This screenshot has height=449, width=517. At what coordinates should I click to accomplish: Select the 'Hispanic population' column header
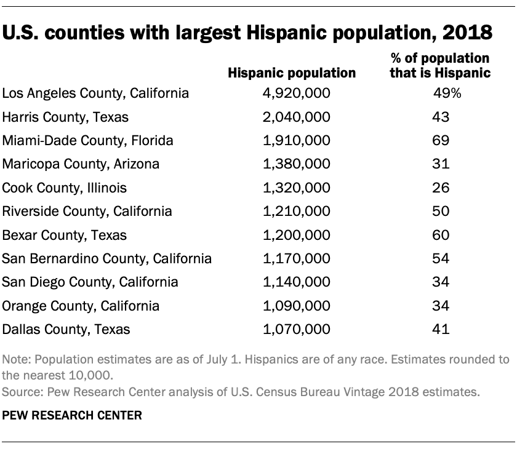(x=292, y=73)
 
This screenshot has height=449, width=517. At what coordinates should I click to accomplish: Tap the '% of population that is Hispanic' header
(x=441, y=66)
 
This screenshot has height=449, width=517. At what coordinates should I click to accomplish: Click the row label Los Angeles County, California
(x=95, y=93)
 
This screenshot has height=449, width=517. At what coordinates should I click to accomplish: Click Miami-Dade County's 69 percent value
(x=441, y=140)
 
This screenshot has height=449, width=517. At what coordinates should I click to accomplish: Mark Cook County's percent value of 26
(x=441, y=188)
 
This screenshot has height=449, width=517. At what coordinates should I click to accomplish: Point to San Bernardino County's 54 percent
(x=441, y=258)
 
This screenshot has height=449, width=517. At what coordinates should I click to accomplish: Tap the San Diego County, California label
(x=90, y=282)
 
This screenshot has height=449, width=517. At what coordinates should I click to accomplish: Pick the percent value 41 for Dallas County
(x=441, y=329)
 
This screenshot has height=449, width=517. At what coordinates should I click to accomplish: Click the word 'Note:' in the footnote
(x=16, y=360)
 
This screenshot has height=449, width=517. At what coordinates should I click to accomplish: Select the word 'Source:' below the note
(x=20, y=391)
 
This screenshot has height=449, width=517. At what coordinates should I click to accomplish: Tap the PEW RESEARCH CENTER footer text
(x=72, y=416)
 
